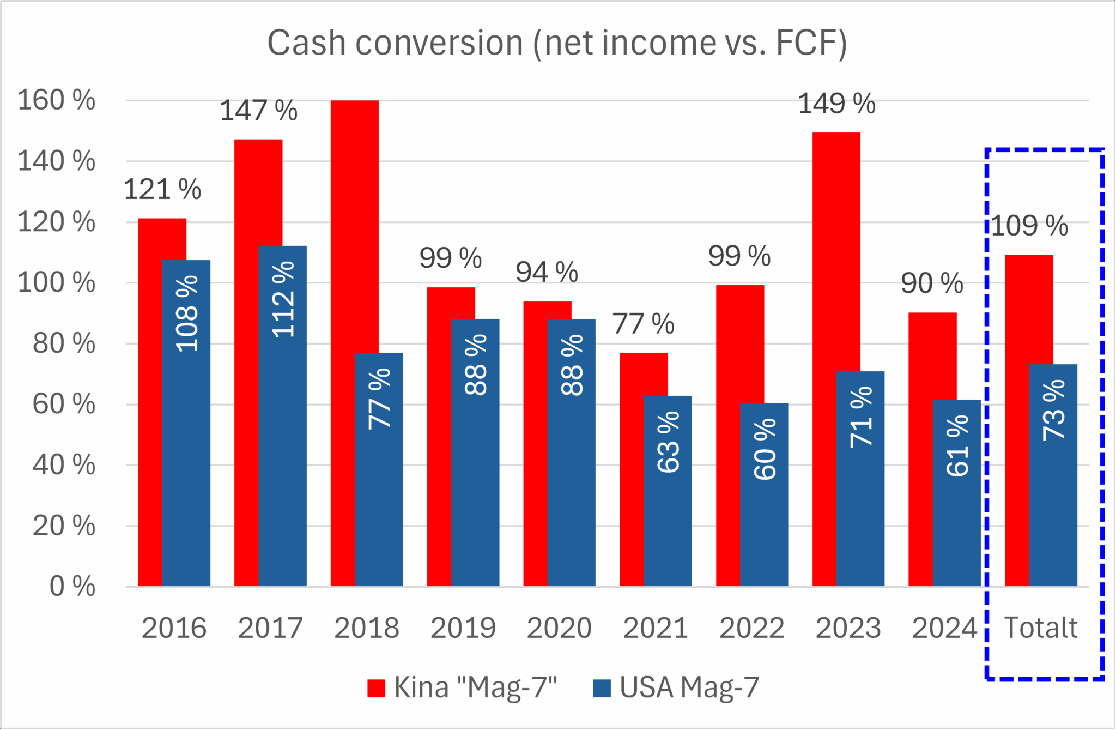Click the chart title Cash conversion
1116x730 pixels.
pos(557,43)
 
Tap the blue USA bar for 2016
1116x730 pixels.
pos(186,436)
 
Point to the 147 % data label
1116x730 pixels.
pos(258,111)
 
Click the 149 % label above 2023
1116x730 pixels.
pos(836,104)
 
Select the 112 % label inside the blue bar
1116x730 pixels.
pos(283,299)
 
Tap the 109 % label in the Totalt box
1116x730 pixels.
pos(1029,226)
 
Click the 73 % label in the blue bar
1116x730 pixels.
pos(1054,410)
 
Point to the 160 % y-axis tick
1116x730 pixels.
pos(56,100)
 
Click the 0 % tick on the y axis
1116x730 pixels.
pos(72,587)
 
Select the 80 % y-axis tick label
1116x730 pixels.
pos(64,343)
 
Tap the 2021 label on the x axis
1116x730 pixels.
pos(655,628)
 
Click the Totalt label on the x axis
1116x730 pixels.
pos(1041,628)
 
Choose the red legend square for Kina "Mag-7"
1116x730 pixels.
pos(376,688)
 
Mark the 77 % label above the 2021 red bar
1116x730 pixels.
pos(643,324)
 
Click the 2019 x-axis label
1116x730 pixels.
pos(463,628)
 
